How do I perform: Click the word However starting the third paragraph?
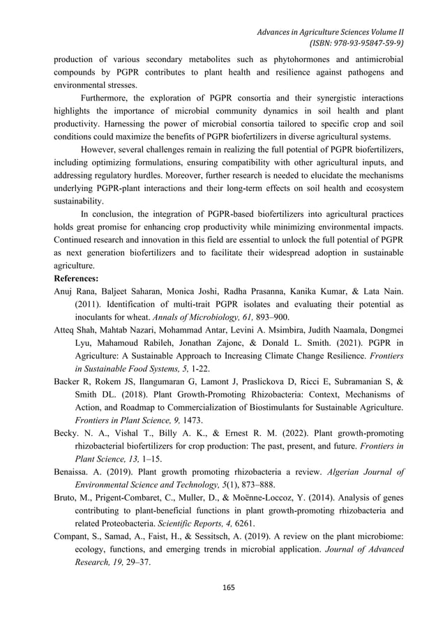click(101, 149)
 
